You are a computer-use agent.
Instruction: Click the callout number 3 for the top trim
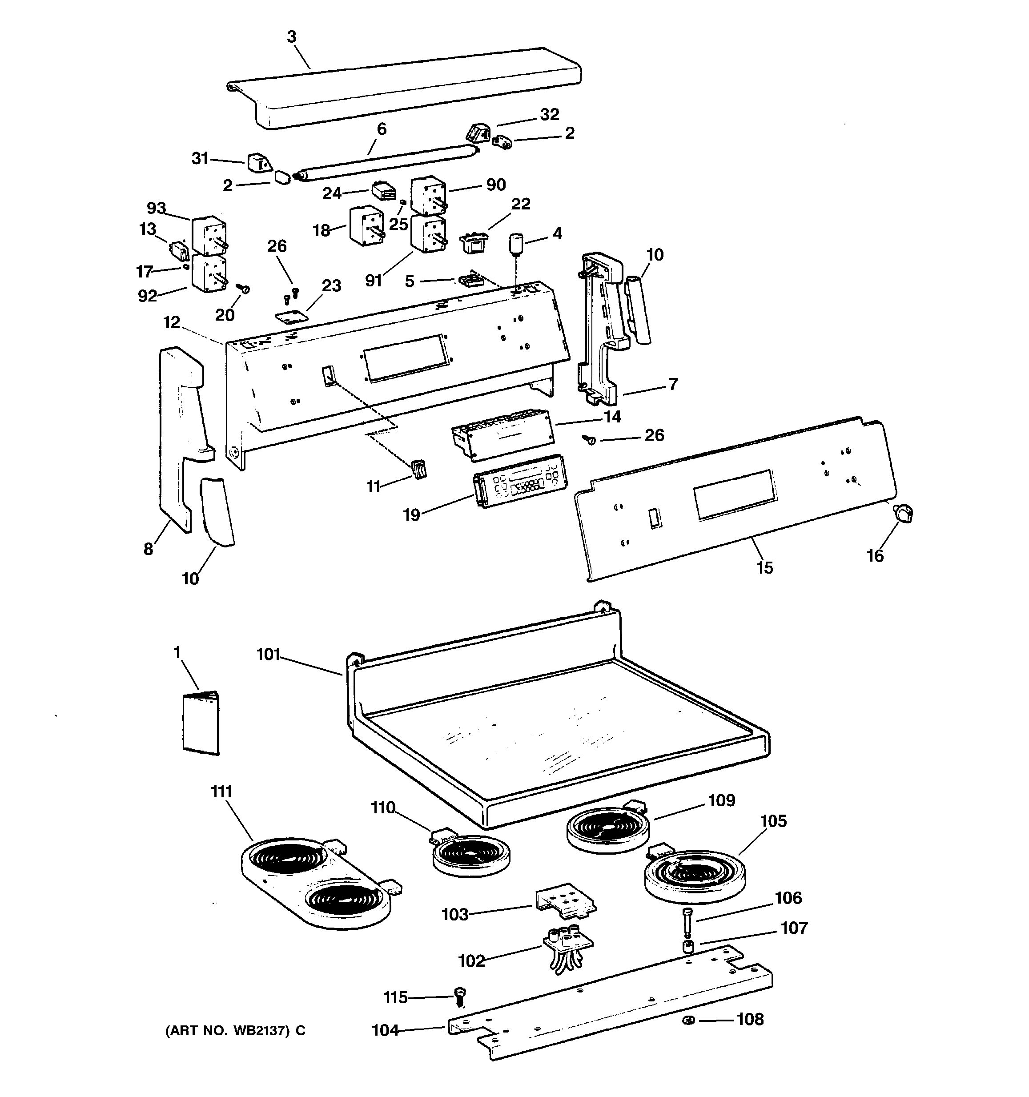tap(292, 37)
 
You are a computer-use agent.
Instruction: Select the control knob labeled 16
tap(903, 514)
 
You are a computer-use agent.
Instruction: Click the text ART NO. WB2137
tap(227, 1030)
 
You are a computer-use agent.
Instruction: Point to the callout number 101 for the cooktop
tap(269, 655)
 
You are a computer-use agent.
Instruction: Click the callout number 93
tap(156, 208)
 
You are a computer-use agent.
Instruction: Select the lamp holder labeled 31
tap(257, 163)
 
